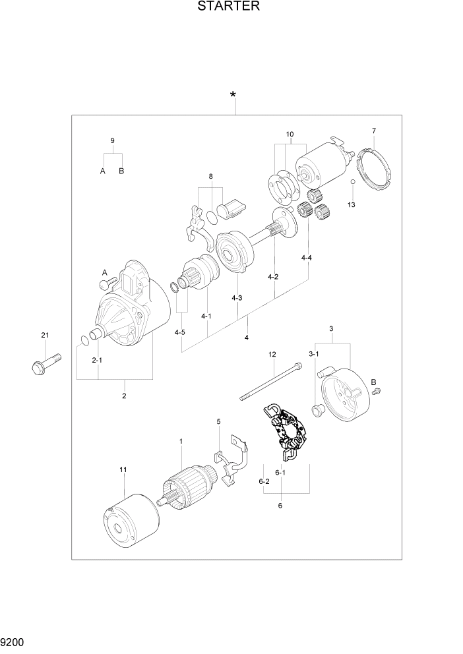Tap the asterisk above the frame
click(x=233, y=96)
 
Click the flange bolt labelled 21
click(x=45, y=363)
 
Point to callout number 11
click(x=122, y=469)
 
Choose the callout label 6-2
click(x=264, y=482)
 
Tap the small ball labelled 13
click(x=352, y=182)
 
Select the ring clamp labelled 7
click(x=374, y=169)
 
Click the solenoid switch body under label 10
click(x=321, y=165)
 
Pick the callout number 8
click(x=210, y=176)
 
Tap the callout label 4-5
click(x=180, y=332)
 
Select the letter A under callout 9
click(x=103, y=171)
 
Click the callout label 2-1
click(x=98, y=360)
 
